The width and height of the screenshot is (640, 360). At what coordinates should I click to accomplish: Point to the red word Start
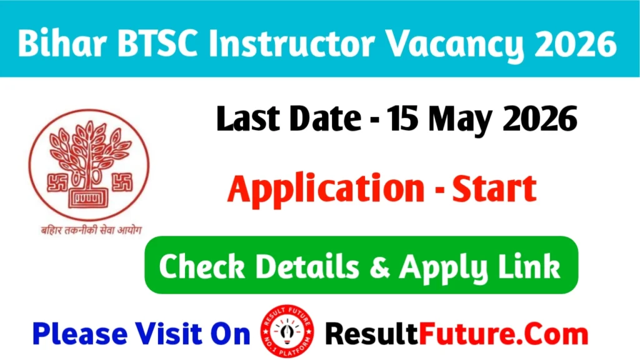494,189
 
